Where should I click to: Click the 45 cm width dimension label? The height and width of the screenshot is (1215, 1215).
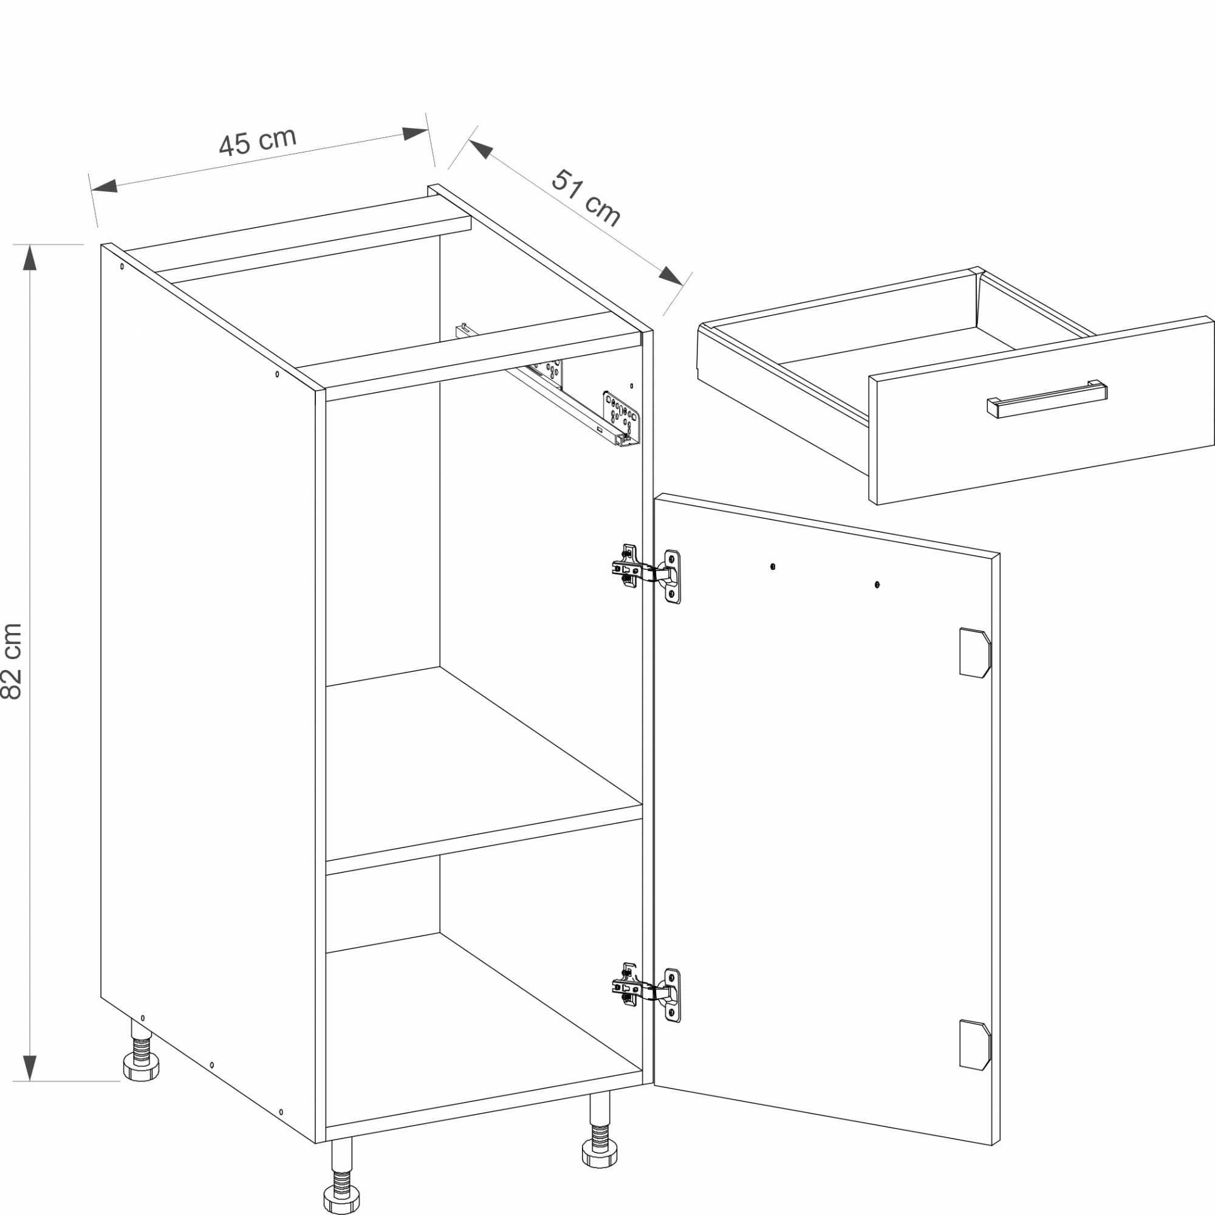tap(257, 142)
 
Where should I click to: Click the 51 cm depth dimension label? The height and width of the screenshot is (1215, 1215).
tap(586, 197)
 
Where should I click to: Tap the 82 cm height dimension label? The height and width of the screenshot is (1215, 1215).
tap(12, 661)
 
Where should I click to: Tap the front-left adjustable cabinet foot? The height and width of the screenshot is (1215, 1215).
tap(342, 1176)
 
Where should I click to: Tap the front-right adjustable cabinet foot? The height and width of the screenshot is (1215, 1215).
tap(600, 1129)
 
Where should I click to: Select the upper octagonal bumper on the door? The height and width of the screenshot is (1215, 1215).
tap(975, 652)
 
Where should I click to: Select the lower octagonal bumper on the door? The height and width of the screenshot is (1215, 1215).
tap(975, 1044)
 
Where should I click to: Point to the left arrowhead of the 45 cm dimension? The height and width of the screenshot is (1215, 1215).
tap(104, 185)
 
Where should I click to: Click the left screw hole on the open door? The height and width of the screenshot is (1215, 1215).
tap(773, 567)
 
